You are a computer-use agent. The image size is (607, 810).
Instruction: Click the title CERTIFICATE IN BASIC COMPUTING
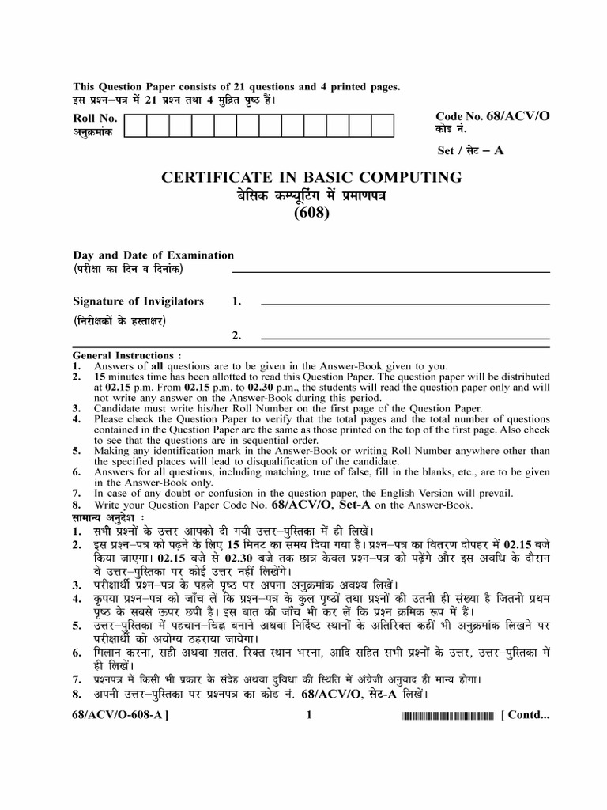click(311, 177)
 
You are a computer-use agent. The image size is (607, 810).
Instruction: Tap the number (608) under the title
click(311, 211)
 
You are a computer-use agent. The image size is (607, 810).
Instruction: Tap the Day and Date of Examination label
click(153, 255)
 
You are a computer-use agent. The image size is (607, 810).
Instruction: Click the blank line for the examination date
click(390, 272)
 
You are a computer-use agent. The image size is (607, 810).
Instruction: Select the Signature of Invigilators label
click(138, 301)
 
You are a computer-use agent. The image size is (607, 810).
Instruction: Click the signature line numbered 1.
click(405, 304)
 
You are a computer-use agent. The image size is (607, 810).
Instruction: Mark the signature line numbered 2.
click(405, 340)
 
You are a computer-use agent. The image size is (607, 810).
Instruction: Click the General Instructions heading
click(126, 356)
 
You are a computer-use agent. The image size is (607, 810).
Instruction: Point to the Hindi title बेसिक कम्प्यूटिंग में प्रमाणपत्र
click(311, 195)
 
